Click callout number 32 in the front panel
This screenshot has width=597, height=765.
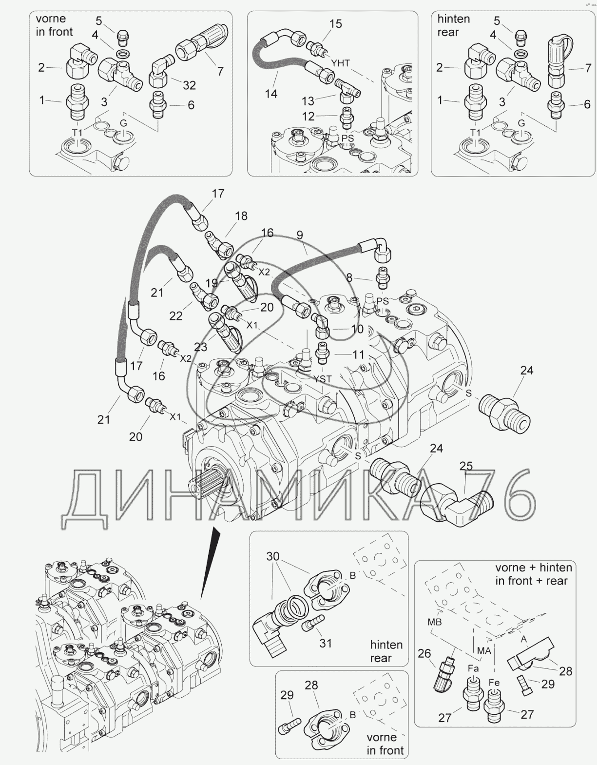(189, 85)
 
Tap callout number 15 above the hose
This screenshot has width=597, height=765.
(336, 24)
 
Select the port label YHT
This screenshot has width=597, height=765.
(341, 63)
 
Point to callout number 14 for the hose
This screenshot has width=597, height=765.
(271, 94)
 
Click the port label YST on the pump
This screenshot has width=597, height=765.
(322, 379)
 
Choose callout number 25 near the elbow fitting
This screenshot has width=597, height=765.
(466, 466)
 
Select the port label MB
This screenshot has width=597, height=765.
(434, 622)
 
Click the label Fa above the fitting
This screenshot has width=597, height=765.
(473, 668)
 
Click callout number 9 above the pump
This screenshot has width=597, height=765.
(300, 235)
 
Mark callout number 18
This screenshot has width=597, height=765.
(241, 216)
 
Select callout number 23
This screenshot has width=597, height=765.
(200, 347)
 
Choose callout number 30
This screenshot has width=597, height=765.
(272, 556)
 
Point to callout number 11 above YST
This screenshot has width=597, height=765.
(359, 354)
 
